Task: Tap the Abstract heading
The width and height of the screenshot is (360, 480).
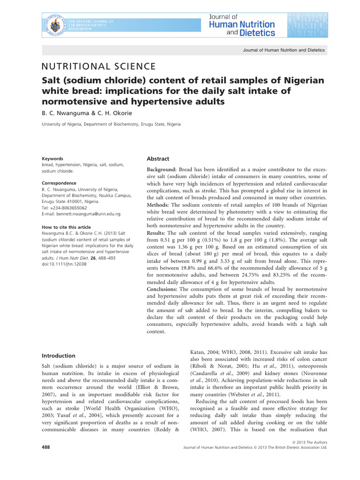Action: click(x=158, y=159)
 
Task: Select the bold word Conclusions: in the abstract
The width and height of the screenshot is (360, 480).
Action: click(x=164, y=289)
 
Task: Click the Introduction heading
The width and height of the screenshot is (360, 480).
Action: click(x=59, y=356)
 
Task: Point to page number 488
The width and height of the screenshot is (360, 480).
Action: click(x=46, y=448)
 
